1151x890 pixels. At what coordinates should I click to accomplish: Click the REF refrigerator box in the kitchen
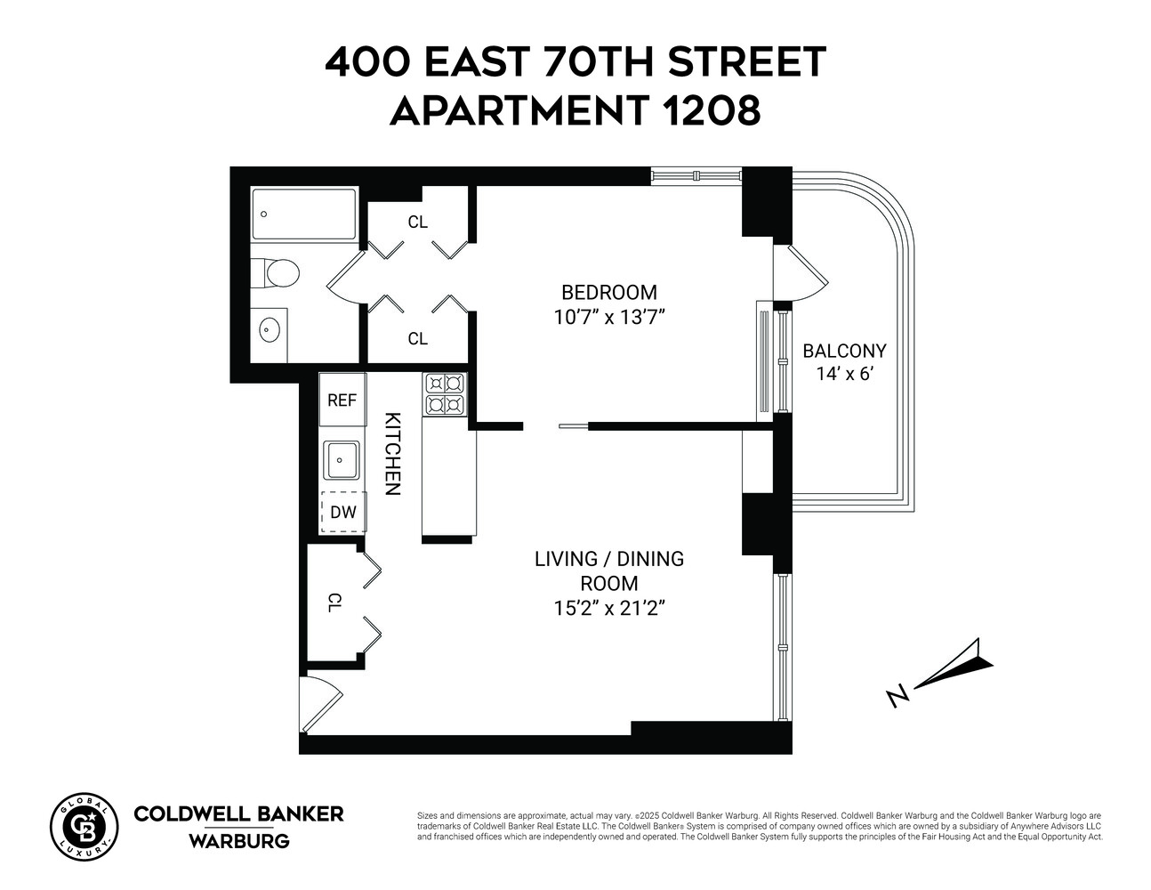pos(342,400)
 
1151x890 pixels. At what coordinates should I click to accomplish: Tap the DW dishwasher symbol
pos(342,512)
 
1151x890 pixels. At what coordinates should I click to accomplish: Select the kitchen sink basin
pos(342,460)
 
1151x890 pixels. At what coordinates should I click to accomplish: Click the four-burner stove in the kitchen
pos(445,394)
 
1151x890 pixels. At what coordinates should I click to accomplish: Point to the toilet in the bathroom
pos(277,272)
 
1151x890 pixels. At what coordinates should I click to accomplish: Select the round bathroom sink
pos(270,331)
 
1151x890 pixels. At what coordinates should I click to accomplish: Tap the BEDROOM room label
pos(608,292)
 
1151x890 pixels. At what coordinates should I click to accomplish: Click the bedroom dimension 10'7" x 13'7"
pos(609,318)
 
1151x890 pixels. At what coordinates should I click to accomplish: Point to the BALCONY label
pos(844,351)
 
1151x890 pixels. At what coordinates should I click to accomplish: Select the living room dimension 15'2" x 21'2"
pos(608,609)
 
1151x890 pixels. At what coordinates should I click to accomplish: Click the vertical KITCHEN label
pos(392,454)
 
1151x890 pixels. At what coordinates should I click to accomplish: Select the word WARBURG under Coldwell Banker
pos(238,840)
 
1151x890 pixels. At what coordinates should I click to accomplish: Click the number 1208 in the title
pos(712,110)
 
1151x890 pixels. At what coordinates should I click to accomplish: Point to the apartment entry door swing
pos(318,703)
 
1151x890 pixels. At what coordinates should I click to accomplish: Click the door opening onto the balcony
pos(802,274)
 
